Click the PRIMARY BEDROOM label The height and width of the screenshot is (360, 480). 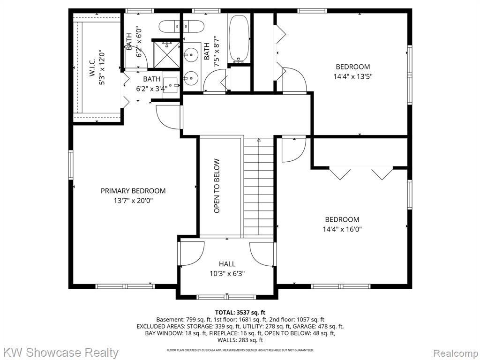[133, 191]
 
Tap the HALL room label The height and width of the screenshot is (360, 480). [227, 264]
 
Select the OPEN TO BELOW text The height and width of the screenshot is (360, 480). [217, 186]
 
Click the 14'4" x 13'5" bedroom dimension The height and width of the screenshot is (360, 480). [352, 76]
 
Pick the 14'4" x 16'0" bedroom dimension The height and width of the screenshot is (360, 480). [342, 229]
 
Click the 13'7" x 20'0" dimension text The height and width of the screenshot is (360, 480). [133, 201]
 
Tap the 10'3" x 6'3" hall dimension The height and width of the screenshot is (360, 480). [227, 273]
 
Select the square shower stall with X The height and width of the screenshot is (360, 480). [166, 54]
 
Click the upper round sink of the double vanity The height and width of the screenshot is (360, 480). [191, 55]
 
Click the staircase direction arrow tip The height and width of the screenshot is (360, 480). [259, 140]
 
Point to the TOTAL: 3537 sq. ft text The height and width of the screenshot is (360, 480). [240, 313]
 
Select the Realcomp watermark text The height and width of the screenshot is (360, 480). [456, 353]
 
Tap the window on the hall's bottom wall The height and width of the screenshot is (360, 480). [226, 297]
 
